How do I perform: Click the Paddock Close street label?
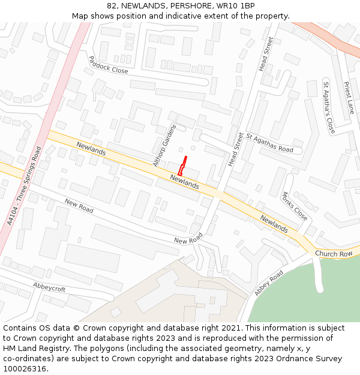tap(109, 65)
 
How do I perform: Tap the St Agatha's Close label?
tap(329, 107)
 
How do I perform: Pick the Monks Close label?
tap(295, 206)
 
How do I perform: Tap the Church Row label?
tap(334, 254)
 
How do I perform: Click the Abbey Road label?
tap(269, 283)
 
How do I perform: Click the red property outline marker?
tap(182, 165)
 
